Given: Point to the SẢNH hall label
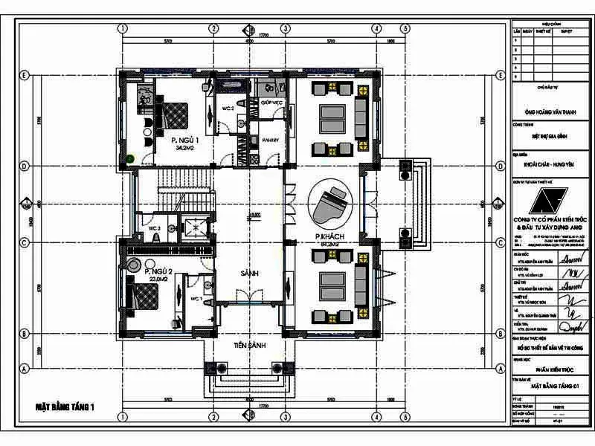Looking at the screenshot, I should pos(249,274).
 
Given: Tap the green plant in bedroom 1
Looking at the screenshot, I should pos(131,157).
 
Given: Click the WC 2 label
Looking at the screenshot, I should pos(228,109).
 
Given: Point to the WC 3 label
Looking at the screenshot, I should pos(155,227).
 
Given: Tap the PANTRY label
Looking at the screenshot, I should pos(268,140).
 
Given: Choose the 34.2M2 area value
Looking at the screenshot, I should pos(184,149).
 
